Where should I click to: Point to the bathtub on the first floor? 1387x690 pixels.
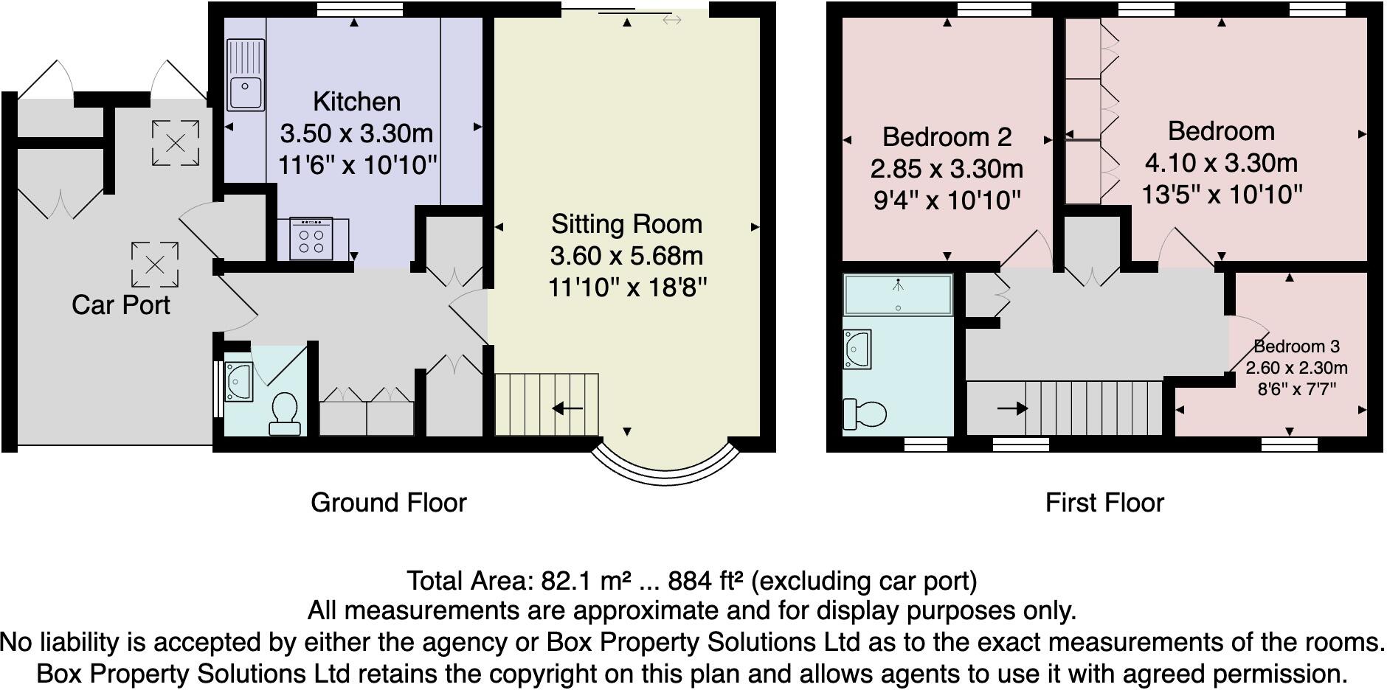point(898,295)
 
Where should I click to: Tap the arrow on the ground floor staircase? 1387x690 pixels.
point(567,408)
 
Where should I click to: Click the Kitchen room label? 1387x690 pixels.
point(356,102)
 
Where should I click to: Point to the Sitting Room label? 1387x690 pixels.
point(626,224)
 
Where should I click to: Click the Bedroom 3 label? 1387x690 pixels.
point(1296,346)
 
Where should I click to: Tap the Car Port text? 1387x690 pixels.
point(120,304)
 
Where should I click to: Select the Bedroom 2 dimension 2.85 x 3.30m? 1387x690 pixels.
point(947,169)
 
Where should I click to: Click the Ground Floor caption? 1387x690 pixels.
point(389,503)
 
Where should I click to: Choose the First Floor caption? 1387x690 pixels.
point(1104,503)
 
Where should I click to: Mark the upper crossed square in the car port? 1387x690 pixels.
point(176,143)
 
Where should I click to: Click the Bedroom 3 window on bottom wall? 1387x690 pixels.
point(1289,444)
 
